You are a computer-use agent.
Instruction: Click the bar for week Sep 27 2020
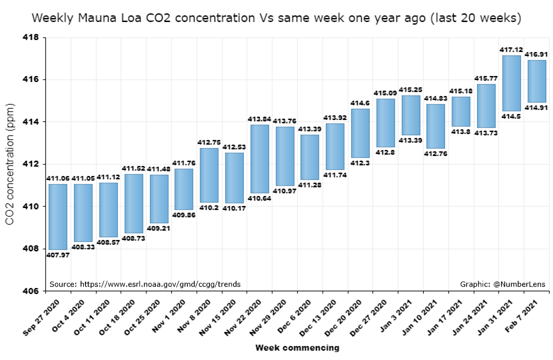click(58, 217)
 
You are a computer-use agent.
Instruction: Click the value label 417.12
click(511, 49)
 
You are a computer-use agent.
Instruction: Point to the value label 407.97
click(58, 255)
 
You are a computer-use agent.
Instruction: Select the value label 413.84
click(259, 119)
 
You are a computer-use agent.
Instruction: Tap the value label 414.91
click(536, 108)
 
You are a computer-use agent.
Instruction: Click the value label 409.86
click(184, 215)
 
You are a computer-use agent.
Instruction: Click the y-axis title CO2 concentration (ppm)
click(10, 164)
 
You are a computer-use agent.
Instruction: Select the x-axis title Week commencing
click(296, 348)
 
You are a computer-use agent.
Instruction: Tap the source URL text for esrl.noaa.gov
click(145, 284)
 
